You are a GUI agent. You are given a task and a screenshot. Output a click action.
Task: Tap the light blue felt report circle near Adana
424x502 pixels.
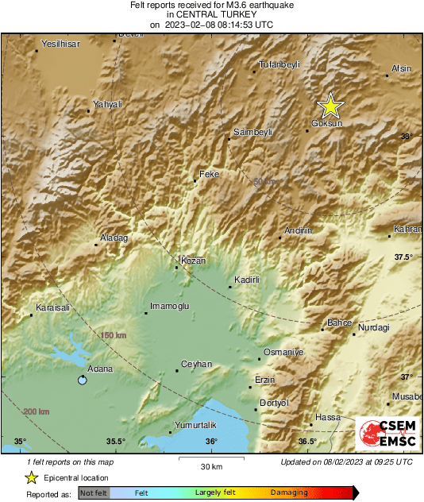pos(82,380)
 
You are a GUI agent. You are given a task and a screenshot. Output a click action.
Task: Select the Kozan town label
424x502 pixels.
pos(194,261)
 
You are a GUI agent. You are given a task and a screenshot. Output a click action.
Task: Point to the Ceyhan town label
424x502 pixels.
pos(197,364)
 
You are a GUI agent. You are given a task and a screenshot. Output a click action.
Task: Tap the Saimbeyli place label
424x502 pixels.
pos(253,132)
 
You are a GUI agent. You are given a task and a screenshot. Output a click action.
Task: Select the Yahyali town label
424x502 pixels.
pos(108,104)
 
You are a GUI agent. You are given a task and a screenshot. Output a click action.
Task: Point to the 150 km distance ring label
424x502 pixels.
pos(114,336)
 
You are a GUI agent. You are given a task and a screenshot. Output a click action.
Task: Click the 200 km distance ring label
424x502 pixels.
pos(37,411)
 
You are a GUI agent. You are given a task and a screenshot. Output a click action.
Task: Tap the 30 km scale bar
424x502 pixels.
pos(210,460)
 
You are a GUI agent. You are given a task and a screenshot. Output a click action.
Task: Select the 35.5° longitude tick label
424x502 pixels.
pos(116,442)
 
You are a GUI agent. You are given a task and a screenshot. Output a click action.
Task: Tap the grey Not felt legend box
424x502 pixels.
pos(93,492)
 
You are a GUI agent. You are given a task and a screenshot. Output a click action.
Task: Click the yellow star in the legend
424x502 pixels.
pos(31,477)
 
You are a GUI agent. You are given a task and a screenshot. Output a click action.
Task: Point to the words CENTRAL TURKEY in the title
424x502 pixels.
pos(212,14)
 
